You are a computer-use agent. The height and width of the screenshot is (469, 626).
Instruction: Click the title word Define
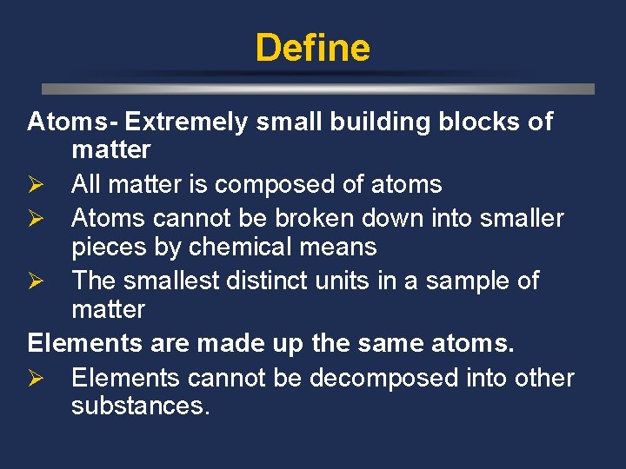point(312,48)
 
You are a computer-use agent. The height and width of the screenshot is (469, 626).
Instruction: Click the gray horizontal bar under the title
point(318,89)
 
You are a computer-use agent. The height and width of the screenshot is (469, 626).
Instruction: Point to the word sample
point(475,281)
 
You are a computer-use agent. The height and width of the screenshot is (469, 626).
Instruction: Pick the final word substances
point(141,406)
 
